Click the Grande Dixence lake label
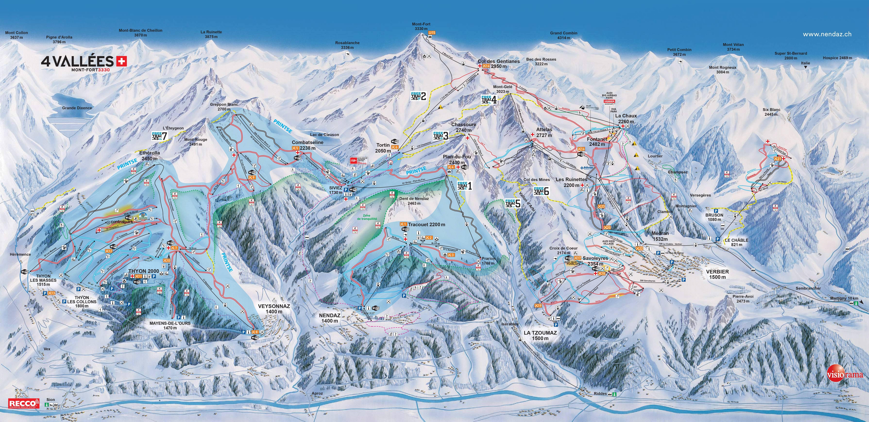[x=77, y=108]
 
